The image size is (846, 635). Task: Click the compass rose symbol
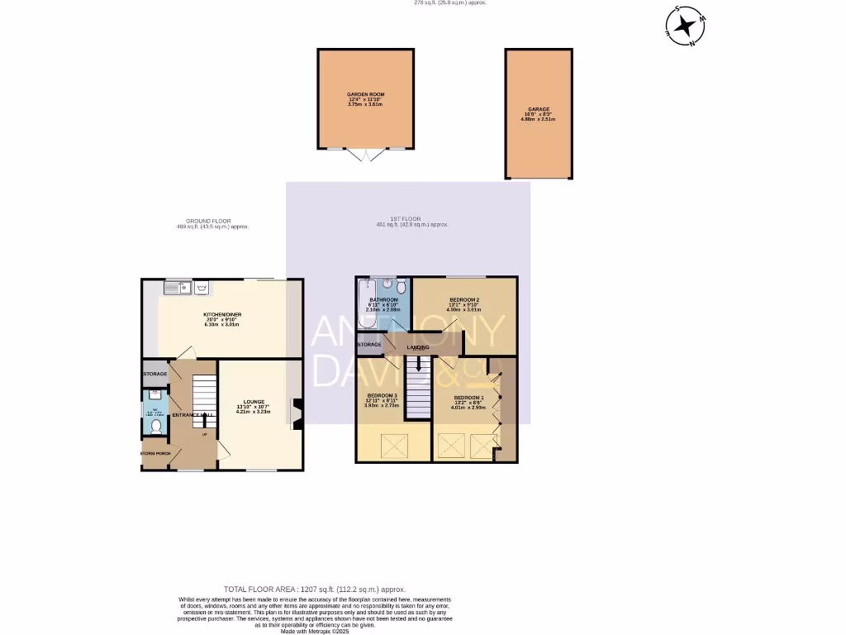[685, 26]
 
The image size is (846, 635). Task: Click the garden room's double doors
[365, 154]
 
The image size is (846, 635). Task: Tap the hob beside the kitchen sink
[201, 288]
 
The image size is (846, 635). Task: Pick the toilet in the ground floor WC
[156, 427]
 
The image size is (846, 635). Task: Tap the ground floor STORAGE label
[154, 375]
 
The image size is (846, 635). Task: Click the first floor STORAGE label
[369, 344]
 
